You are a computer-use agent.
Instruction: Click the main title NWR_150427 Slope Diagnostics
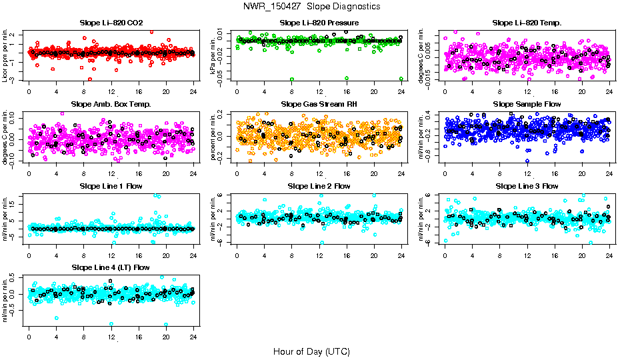click(311, 6)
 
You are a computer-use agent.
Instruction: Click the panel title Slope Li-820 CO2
click(111, 23)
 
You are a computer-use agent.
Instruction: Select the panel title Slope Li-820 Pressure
click(319, 23)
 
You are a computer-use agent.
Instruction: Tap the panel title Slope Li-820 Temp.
click(527, 23)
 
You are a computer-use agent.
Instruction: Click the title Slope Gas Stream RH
click(319, 104)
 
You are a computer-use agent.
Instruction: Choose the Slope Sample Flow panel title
click(527, 104)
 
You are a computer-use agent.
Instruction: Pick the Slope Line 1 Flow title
click(111, 186)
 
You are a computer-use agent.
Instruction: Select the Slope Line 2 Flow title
click(319, 186)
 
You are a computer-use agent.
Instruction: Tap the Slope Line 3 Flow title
click(527, 186)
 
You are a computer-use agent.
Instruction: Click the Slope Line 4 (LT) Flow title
click(111, 267)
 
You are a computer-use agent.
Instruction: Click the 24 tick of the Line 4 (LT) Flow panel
click(194, 337)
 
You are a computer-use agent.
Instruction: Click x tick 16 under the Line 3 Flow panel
click(555, 255)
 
